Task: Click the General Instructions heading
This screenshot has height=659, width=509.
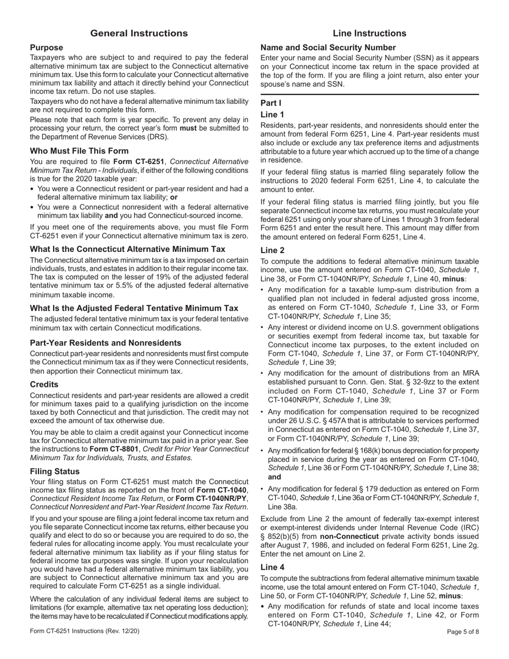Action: [139, 33]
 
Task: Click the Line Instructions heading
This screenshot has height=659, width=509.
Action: [369, 33]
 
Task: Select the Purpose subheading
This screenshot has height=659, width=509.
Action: [47, 48]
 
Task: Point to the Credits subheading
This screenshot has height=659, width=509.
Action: [44, 385]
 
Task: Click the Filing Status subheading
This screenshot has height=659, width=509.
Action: [55, 471]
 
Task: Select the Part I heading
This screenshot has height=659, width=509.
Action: [271, 103]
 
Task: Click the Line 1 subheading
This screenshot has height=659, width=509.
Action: [272, 115]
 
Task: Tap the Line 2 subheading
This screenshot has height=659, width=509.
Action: [272, 250]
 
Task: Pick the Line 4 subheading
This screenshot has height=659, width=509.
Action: [272, 567]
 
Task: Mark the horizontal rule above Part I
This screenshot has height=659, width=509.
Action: [369, 95]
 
